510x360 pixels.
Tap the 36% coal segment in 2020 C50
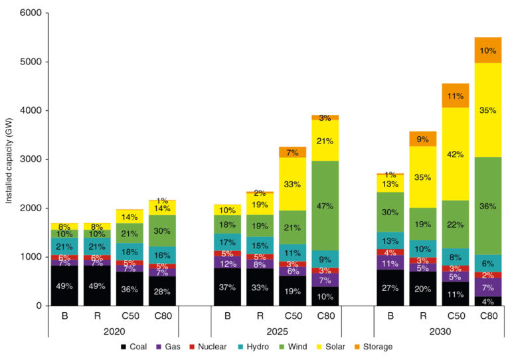click(x=129, y=288)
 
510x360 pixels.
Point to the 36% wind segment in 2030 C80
click(x=487, y=206)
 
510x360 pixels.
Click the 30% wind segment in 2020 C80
click(x=162, y=230)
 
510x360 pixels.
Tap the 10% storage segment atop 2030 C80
click(x=487, y=50)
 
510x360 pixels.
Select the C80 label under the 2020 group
click(x=162, y=315)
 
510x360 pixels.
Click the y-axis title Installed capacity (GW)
click(x=9, y=159)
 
